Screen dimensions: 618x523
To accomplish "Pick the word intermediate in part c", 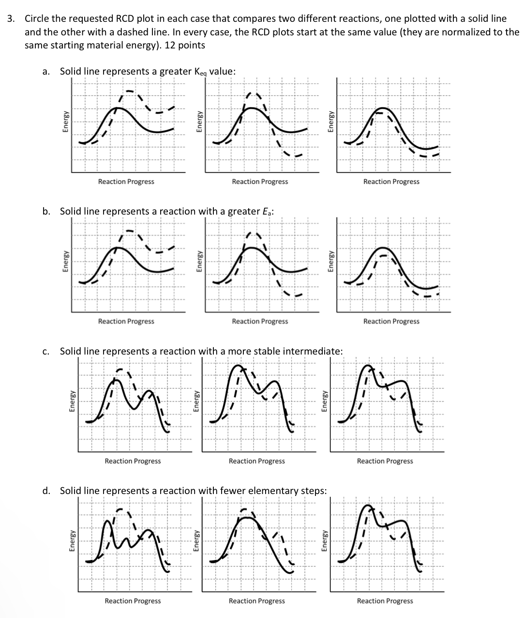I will (x=313, y=351).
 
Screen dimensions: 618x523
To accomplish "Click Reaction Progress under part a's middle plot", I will (x=260, y=182).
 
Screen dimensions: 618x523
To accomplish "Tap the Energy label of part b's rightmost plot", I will (x=331, y=262).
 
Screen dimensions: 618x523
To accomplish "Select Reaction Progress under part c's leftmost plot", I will (x=133, y=461).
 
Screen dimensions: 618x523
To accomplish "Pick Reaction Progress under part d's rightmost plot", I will (x=385, y=601).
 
